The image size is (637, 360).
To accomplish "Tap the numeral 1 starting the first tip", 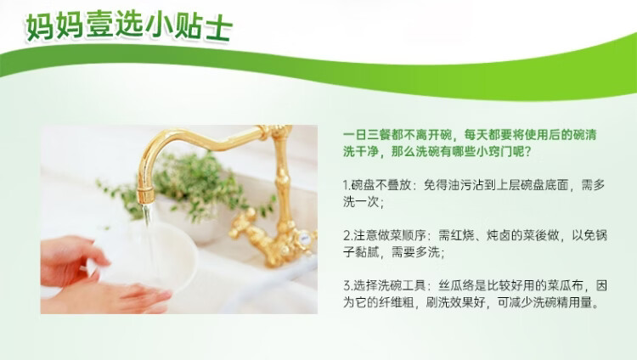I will point(346,184).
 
